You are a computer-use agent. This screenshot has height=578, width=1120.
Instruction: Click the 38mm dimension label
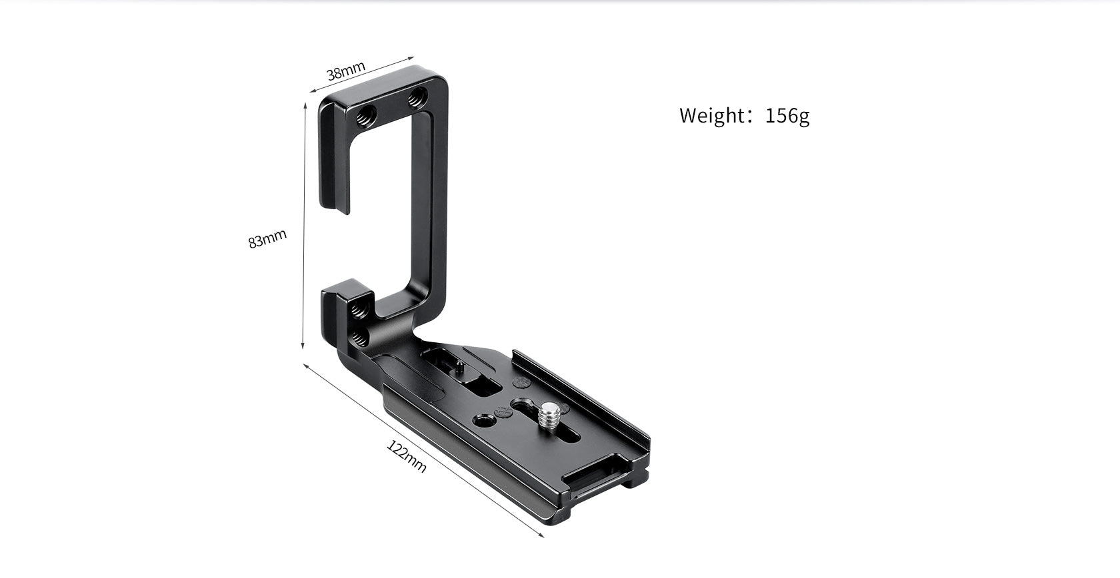[x=345, y=71]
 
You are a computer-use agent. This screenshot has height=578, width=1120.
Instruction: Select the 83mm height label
[x=267, y=238]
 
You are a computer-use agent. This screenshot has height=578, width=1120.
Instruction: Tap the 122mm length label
[x=407, y=456]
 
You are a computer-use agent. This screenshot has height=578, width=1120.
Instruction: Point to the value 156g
[x=787, y=115]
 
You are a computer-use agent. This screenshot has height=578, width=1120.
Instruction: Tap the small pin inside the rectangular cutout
[x=461, y=364]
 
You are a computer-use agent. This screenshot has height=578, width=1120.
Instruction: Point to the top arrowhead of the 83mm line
[x=306, y=105]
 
